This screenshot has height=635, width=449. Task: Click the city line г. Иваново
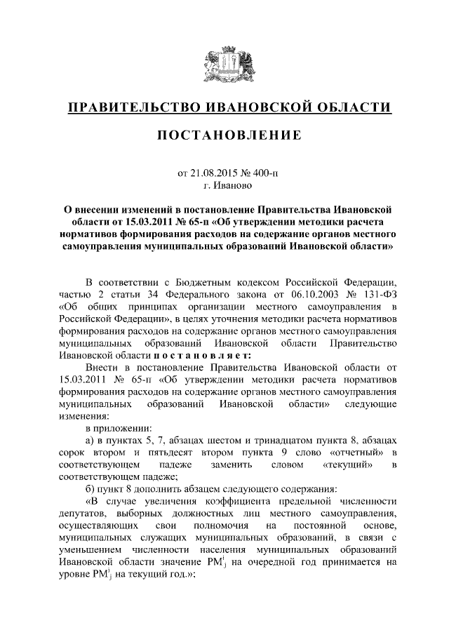tap(224, 185)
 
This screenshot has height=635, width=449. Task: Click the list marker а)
tap(89, 440)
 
